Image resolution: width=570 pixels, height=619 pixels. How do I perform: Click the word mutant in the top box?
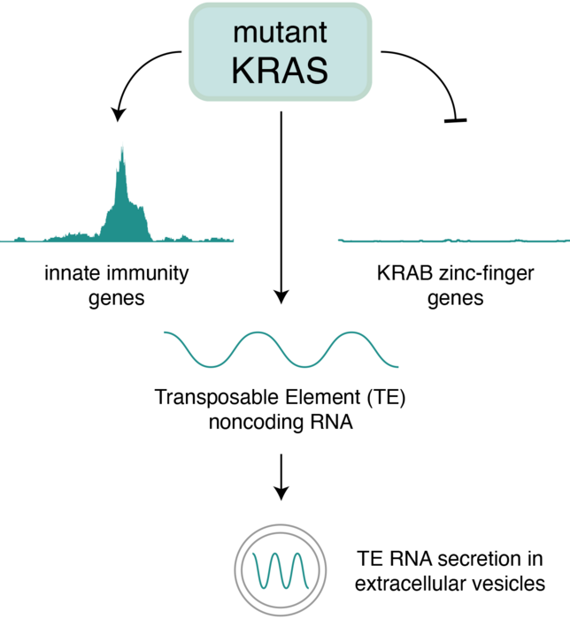point(281,34)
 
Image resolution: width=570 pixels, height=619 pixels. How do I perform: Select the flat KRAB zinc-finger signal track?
point(453,239)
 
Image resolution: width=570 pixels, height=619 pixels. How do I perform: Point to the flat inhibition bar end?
point(455,118)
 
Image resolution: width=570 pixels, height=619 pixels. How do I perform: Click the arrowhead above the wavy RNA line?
point(281,296)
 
